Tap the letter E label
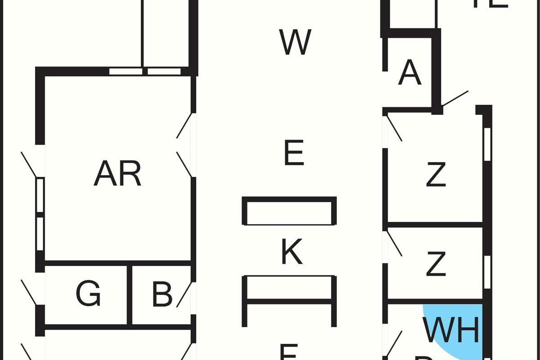click(294, 153)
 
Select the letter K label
click(292, 252)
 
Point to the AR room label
click(117, 174)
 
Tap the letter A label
click(409, 73)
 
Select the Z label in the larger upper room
click(435, 175)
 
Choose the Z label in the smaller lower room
click(435, 265)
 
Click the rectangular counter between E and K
click(289, 211)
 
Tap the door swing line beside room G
click(29, 292)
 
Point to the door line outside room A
click(455, 98)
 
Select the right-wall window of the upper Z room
click(487, 144)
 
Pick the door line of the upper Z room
click(394, 128)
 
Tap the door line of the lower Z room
click(395, 243)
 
